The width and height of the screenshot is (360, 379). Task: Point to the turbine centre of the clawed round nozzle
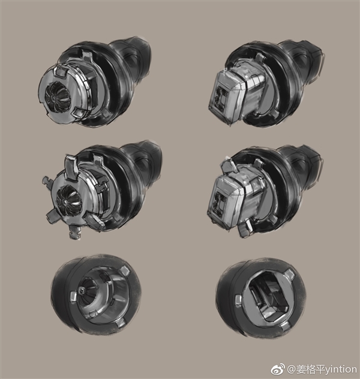(66, 200)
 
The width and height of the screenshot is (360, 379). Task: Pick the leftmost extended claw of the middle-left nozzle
(48, 182)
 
